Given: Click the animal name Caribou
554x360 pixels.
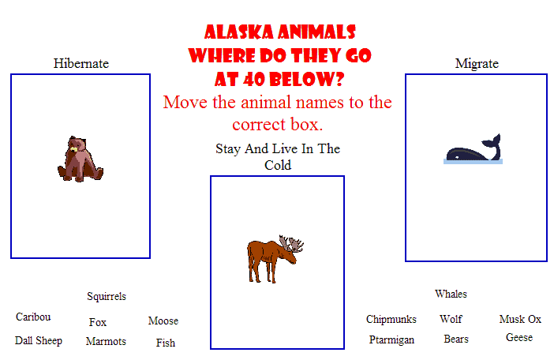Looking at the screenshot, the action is pyautogui.click(x=33, y=317).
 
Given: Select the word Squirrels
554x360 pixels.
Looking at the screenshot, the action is pyautogui.click(x=107, y=296).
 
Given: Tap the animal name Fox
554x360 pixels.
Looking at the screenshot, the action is pyautogui.click(x=98, y=322).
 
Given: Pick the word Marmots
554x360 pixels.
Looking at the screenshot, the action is pyautogui.click(x=106, y=341).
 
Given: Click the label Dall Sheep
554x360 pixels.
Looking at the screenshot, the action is pyautogui.click(x=39, y=340).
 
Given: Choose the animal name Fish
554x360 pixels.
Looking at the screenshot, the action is pyautogui.click(x=166, y=343).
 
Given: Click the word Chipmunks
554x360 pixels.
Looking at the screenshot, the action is pyautogui.click(x=391, y=320).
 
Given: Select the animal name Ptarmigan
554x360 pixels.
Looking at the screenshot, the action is pyautogui.click(x=391, y=339).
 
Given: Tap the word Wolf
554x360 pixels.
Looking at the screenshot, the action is pyautogui.click(x=451, y=319).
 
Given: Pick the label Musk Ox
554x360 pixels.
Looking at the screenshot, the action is pyautogui.click(x=520, y=320).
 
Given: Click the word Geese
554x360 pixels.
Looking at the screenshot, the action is pyautogui.click(x=519, y=337).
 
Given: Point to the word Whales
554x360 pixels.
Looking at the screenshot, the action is pyautogui.click(x=451, y=294).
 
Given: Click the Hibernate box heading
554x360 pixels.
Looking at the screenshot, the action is pyautogui.click(x=81, y=64).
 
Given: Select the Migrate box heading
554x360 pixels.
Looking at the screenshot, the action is pyautogui.click(x=477, y=64).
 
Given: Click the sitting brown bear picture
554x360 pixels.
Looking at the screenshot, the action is pyautogui.click(x=80, y=159).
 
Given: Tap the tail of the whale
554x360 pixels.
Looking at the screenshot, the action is pyautogui.click(x=493, y=144).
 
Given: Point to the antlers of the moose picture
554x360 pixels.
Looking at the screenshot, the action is pyautogui.click(x=290, y=242).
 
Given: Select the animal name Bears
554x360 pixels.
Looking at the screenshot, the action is pyautogui.click(x=456, y=339).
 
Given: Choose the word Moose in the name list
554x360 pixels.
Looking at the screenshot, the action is pyautogui.click(x=163, y=321).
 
